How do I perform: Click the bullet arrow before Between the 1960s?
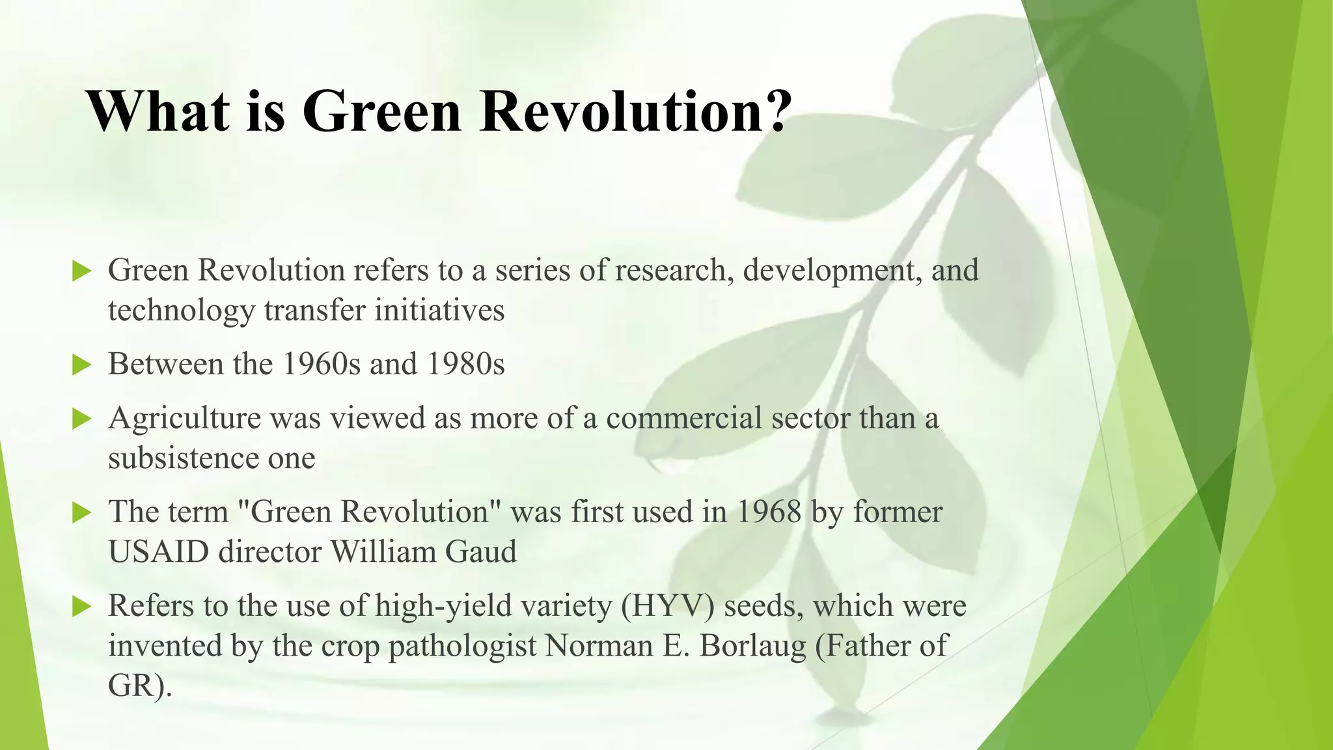[x=81, y=365]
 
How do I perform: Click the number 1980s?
[x=465, y=364]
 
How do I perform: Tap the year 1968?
[x=769, y=512]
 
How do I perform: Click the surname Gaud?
[x=481, y=552]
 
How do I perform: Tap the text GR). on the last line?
[x=140, y=686]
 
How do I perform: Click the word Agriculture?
[x=184, y=419]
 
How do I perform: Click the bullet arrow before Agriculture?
[x=81, y=419]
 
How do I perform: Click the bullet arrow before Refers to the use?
[x=81, y=607]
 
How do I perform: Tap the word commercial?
[x=683, y=419]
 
